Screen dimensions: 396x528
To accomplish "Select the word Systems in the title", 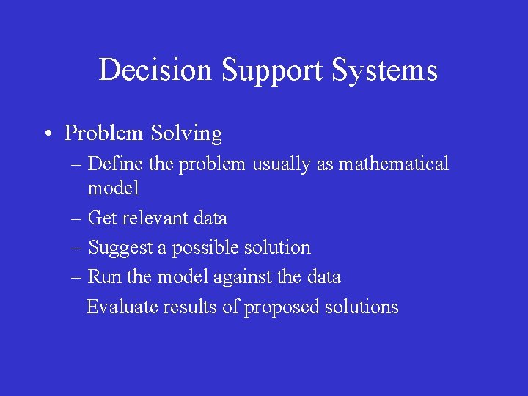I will tap(385, 70).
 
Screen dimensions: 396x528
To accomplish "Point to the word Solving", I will tap(186, 133).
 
